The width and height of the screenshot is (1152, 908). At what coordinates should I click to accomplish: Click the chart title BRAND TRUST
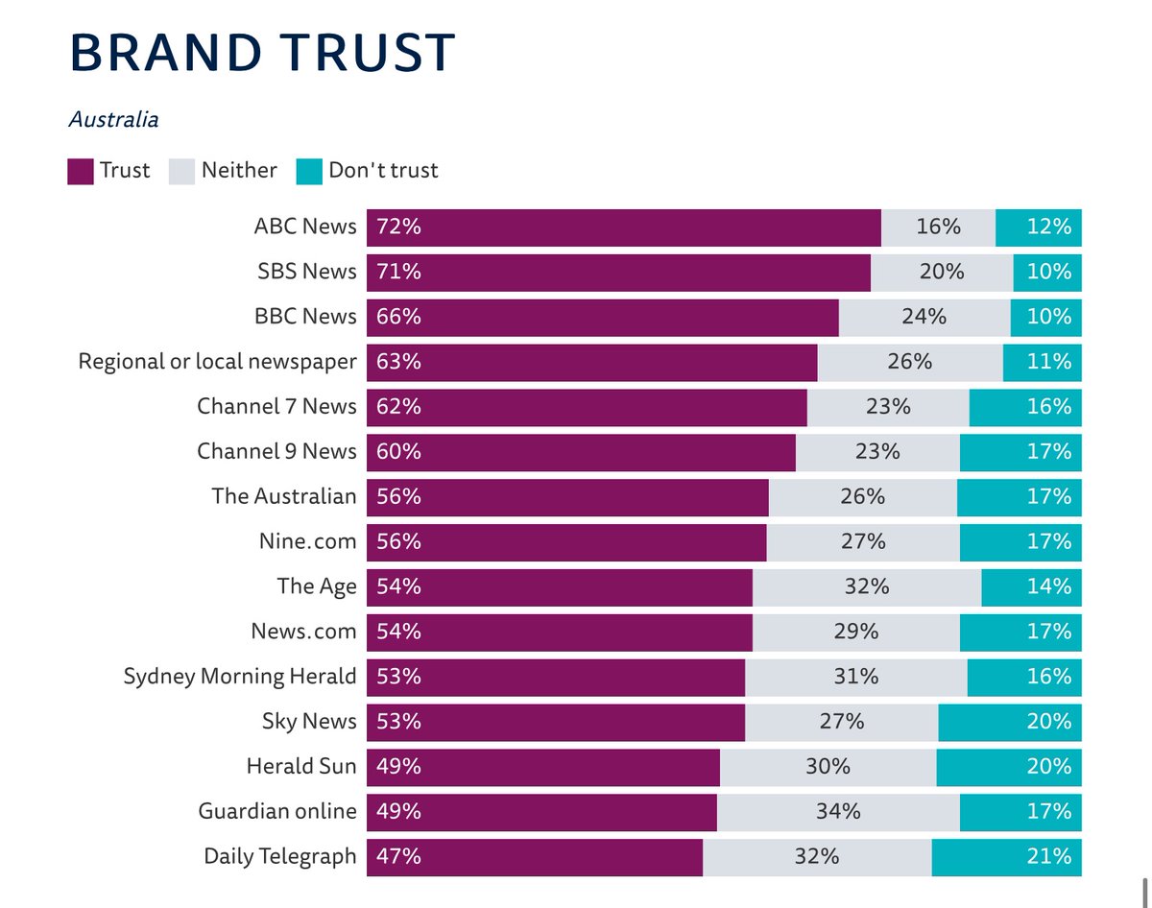pyautogui.click(x=262, y=54)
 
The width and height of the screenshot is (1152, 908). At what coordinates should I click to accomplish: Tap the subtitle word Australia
pyautogui.click(x=113, y=120)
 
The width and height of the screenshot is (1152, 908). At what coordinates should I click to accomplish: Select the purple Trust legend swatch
pyautogui.click(x=80, y=171)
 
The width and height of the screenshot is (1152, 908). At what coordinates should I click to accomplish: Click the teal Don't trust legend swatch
pyautogui.click(x=310, y=171)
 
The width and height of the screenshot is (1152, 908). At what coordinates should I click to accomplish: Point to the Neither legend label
pyautogui.click(x=239, y=171)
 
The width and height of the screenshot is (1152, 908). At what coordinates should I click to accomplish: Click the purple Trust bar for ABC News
pyautogui.click(x=624, y=227)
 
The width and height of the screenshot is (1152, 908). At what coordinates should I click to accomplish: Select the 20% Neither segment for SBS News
pyautogui.click(x=941, y=273)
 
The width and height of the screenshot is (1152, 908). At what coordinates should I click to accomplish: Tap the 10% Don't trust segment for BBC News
pyautogui.click(x=1046, y=317)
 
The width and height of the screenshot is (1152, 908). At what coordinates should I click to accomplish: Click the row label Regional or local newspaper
pyautogui.click(x=217, y=362)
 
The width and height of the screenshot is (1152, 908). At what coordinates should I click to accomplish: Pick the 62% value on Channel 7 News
pyautogui.click(x=399, y=407)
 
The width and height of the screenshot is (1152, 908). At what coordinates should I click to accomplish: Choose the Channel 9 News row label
pyautogui.click(x=276, y=451)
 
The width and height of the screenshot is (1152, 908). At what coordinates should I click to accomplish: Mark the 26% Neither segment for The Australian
pyautogui.click(x=862, y=496)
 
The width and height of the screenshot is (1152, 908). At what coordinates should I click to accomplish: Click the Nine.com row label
pyautogui.click(x=300, y=541)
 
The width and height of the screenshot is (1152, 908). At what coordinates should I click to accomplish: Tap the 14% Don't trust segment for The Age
pyautogui.click(x=1031, y=586)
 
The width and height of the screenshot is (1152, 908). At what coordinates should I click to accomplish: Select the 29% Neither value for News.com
pyautogui.click(x=855, y=632)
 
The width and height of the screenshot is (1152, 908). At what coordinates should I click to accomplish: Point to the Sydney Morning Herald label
pyautogui.click(x=240, y=677)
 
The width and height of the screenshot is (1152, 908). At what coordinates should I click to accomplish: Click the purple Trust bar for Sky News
pyautogui.click(x=556, y=722)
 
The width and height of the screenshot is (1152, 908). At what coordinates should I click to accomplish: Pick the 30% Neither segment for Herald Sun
pyautogui.click(x=828, y=767)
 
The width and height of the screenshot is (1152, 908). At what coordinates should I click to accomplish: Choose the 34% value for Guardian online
pyautogui.click(x=837, y=811)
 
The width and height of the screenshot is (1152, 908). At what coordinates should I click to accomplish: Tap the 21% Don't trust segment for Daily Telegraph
pyautogui.click(x=1006, y=856)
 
